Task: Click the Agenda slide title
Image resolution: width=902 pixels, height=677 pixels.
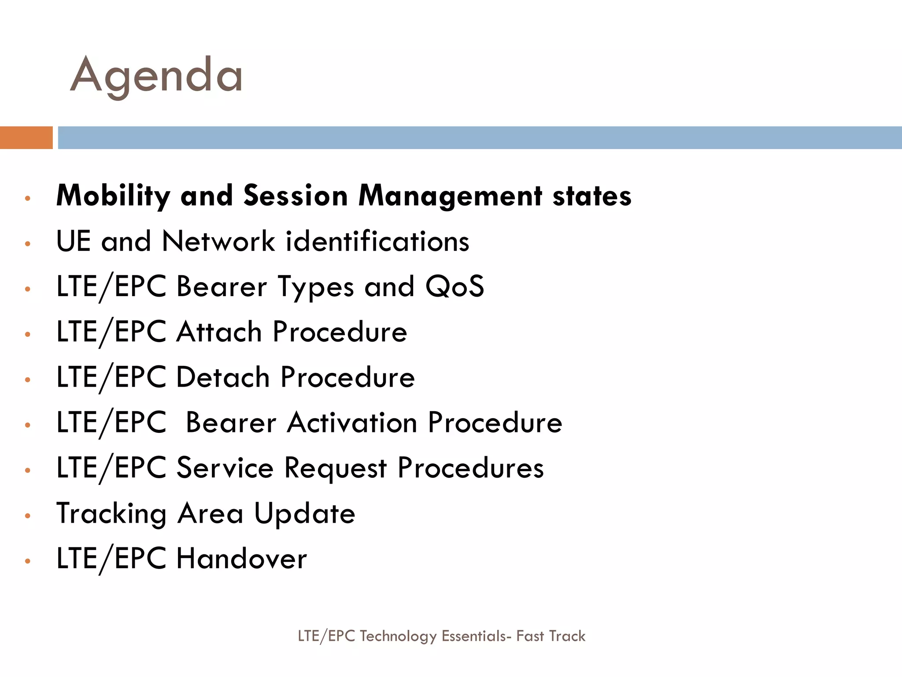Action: tap(156, 76)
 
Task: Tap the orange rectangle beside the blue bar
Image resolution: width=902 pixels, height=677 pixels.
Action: tap(26, 138)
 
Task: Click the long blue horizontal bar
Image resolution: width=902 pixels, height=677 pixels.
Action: tap(479, 138)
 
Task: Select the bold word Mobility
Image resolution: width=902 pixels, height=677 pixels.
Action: tap(113, 196)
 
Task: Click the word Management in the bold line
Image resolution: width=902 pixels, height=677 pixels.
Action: tap(450, 196)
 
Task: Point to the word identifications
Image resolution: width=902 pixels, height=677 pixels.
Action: tap(377, 242)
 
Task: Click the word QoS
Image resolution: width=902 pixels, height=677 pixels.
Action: tap(455, 286)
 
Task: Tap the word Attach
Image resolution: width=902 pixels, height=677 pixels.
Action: tap(219, 332)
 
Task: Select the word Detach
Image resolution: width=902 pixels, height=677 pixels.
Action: tap(223, 377)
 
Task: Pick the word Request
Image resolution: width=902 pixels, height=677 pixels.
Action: tap(335, 468)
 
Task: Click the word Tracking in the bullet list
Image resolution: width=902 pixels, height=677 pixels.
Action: tap(111, 514)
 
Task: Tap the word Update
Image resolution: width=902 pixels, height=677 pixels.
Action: tap(305, 514)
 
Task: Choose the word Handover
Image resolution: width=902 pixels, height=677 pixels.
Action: tap(241, 559)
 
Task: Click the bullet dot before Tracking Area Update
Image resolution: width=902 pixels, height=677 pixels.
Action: tap(28, 515)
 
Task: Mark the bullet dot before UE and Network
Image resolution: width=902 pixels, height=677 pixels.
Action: tap(28, 243)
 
